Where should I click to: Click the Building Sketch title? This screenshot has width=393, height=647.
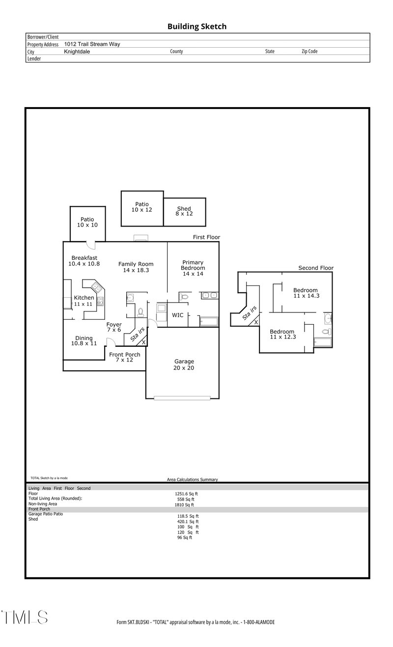coord(197,27)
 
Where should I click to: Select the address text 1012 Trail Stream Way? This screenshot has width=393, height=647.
coord(92,44)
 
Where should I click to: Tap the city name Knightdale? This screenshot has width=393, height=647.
coord(77,51)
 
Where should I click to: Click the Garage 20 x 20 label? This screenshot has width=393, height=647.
coord(184,365)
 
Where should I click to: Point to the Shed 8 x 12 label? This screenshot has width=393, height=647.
coord(184,212)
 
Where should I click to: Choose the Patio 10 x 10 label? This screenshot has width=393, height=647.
coord(87,222)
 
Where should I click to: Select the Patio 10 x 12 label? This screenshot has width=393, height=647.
coord(142,207)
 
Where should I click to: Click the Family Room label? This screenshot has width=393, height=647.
coord(136,267)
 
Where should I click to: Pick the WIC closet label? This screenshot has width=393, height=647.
coord(177,315)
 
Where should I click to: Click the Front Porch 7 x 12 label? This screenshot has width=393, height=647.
coord(124,357)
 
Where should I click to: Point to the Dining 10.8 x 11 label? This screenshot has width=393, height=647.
coord(84,340)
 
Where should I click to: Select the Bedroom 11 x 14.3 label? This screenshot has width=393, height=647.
coord(306,293)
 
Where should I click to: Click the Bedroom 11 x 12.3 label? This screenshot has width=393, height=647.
coord(282,334)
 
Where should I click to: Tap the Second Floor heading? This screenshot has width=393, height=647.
coord(316,268)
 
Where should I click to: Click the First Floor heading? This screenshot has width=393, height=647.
coord(206,237)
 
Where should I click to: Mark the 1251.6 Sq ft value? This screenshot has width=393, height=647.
coord(186,494)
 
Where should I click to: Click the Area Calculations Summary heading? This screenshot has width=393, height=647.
coord(193,479)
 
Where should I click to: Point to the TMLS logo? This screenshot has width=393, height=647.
coord(25,618)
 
